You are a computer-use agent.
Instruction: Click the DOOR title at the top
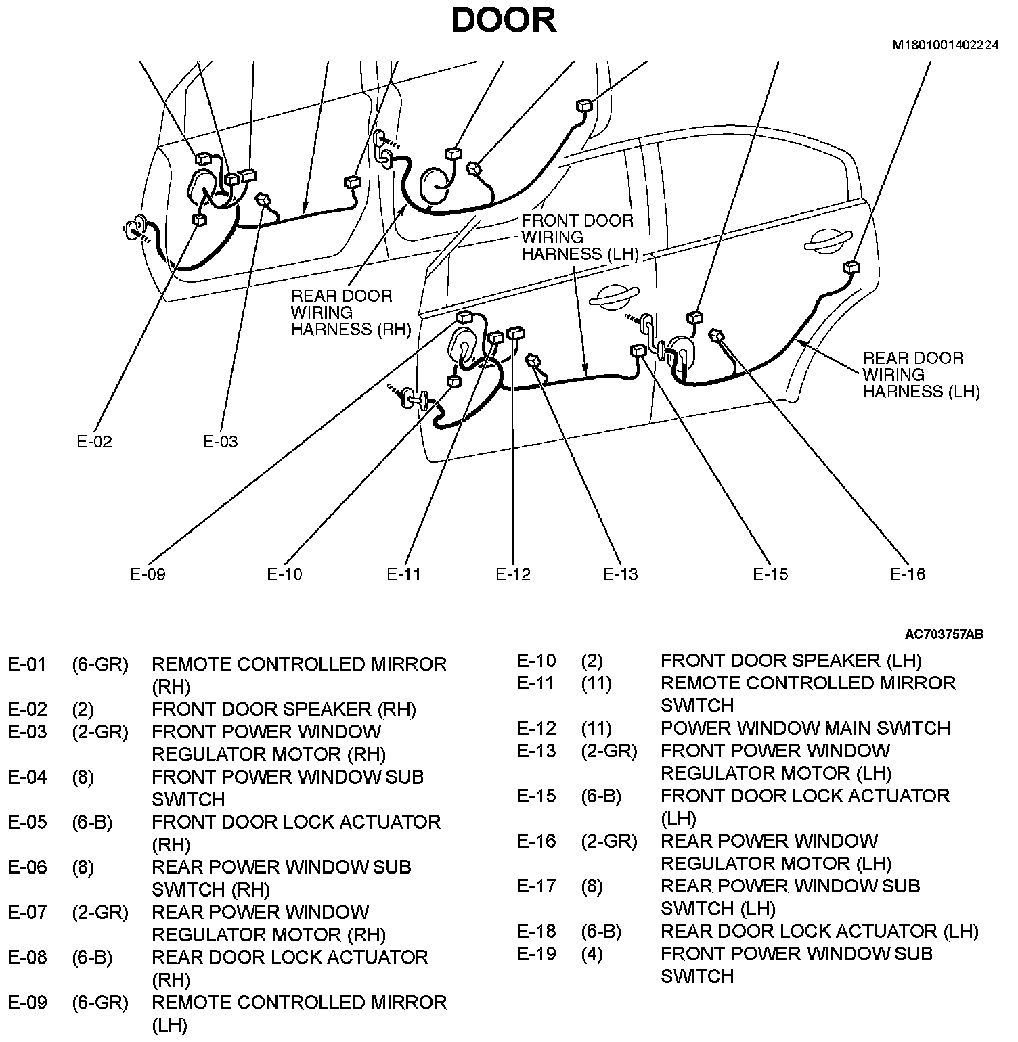pos(504,20)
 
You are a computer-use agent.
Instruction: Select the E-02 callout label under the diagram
pos(94,442)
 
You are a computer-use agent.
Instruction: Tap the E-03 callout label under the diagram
pos(221,442)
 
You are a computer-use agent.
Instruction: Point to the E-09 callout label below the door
pos(148,574)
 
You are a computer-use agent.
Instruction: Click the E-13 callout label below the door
pos(621,574)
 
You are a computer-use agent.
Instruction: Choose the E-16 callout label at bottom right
pos(908,574)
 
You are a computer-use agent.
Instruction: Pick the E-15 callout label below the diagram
pos(770,574)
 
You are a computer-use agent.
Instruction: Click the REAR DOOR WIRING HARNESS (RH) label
pos(351,313)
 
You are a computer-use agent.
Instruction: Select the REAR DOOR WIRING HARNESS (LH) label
pos(920,375)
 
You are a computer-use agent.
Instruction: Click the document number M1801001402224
pos(945,45)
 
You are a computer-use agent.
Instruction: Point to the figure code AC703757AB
pos(944,635)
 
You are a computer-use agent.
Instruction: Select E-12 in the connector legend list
pos(536,729)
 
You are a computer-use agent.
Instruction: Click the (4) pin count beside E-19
pos(592,954)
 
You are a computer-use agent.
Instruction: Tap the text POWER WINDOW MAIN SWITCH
pos(805,729)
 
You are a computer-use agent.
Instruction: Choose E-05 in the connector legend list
pos(27,823)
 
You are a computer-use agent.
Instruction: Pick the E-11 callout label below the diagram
pos(404,574)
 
